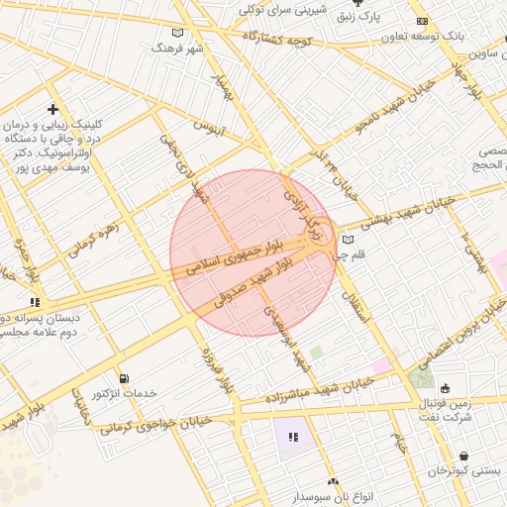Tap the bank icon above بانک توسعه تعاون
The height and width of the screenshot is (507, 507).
tap(423, 22)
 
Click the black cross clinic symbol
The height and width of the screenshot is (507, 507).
tap(52, 109)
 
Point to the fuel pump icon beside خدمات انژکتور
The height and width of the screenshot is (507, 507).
tap(123, 377)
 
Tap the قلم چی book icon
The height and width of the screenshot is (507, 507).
tap(346, 240)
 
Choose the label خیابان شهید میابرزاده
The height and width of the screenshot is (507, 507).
tap(317, 391)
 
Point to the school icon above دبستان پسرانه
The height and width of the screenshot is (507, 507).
tap(35, 301)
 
